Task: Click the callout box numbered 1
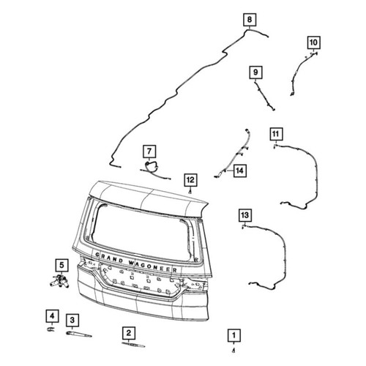tap(234, 335)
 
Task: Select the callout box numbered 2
tap(128, 333)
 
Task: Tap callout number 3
tap(72, 320)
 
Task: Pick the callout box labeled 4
tap(52, 316)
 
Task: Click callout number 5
tap(61, 265)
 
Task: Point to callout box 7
tap(149, 152)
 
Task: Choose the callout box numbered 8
tap(250, 19)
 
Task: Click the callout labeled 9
tap(255, 72)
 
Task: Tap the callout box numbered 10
tap(313, 42)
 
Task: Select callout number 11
tap(276, 134)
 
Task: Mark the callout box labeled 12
tap(190, 180)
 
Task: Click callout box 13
tap(245, 215)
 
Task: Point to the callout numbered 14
tap(240, 171)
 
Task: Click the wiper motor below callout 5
tap(60, 281)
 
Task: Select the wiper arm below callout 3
tap(79, 334)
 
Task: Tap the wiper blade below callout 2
tap(133, 344)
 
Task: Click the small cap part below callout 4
tap(51, 329)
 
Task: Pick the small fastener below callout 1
tap(234, 351)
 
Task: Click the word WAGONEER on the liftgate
tap(153, 266)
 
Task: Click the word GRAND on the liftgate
tap(109, 258)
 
